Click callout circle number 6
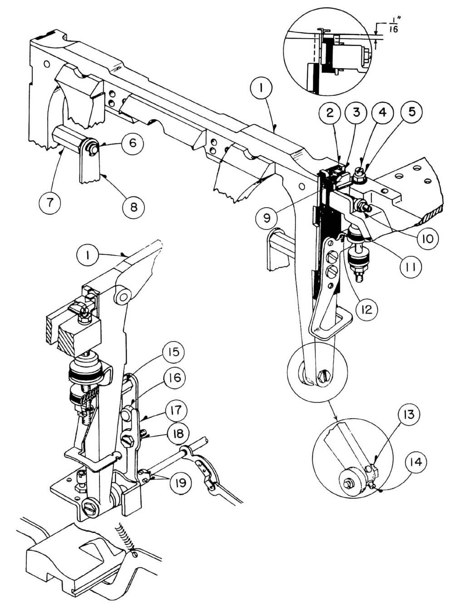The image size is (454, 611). click(132, 142)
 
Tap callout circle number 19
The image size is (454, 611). click(180, 483)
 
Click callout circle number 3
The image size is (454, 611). click(356, 112)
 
